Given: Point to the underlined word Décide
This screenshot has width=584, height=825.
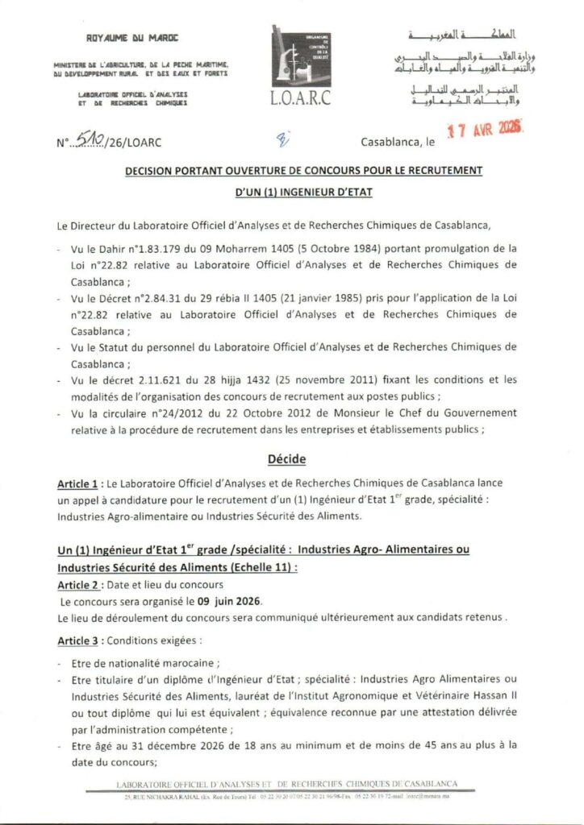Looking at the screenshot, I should [291, 458].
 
